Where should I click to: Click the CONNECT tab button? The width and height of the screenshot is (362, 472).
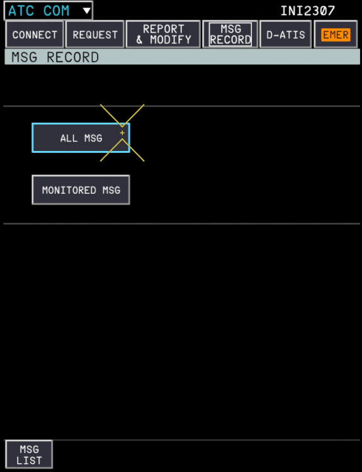[x=35, y=35]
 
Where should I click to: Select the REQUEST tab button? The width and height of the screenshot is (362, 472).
[x=95, y=35]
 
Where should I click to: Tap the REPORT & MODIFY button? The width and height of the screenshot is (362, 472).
[x=163, y=35]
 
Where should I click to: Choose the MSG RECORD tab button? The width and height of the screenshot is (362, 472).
[x=230, y=35]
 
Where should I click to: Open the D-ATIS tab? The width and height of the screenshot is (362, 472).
[x=285, y=35]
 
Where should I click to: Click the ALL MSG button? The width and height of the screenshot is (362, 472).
[x=81, y=138]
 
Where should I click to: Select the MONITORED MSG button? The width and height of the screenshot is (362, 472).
[x=81, y=190]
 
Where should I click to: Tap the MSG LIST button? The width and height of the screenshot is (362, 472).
[x=29, y=454]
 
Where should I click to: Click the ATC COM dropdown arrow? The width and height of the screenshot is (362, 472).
[x=87, y=11]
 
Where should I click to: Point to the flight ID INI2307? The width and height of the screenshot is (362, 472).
[x=307, y=11]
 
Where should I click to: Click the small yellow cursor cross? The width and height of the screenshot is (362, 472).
[x=122, y=133]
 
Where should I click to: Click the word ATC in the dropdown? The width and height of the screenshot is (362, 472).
[x=21, y=11]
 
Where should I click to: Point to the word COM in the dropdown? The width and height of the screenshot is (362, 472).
[x=56, y=11]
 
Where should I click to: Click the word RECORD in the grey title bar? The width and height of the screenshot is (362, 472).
[x=73, y=57]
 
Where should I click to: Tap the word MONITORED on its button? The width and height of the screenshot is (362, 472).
[x=69, y=190]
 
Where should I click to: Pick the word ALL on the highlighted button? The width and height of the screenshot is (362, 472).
[x=69, y=138]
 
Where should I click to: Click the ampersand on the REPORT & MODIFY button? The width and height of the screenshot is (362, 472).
[x=139, y=40]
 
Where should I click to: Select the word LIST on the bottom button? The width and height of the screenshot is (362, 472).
[x=29, y=460]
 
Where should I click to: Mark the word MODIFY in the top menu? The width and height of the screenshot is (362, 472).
[x=171, y=40]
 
